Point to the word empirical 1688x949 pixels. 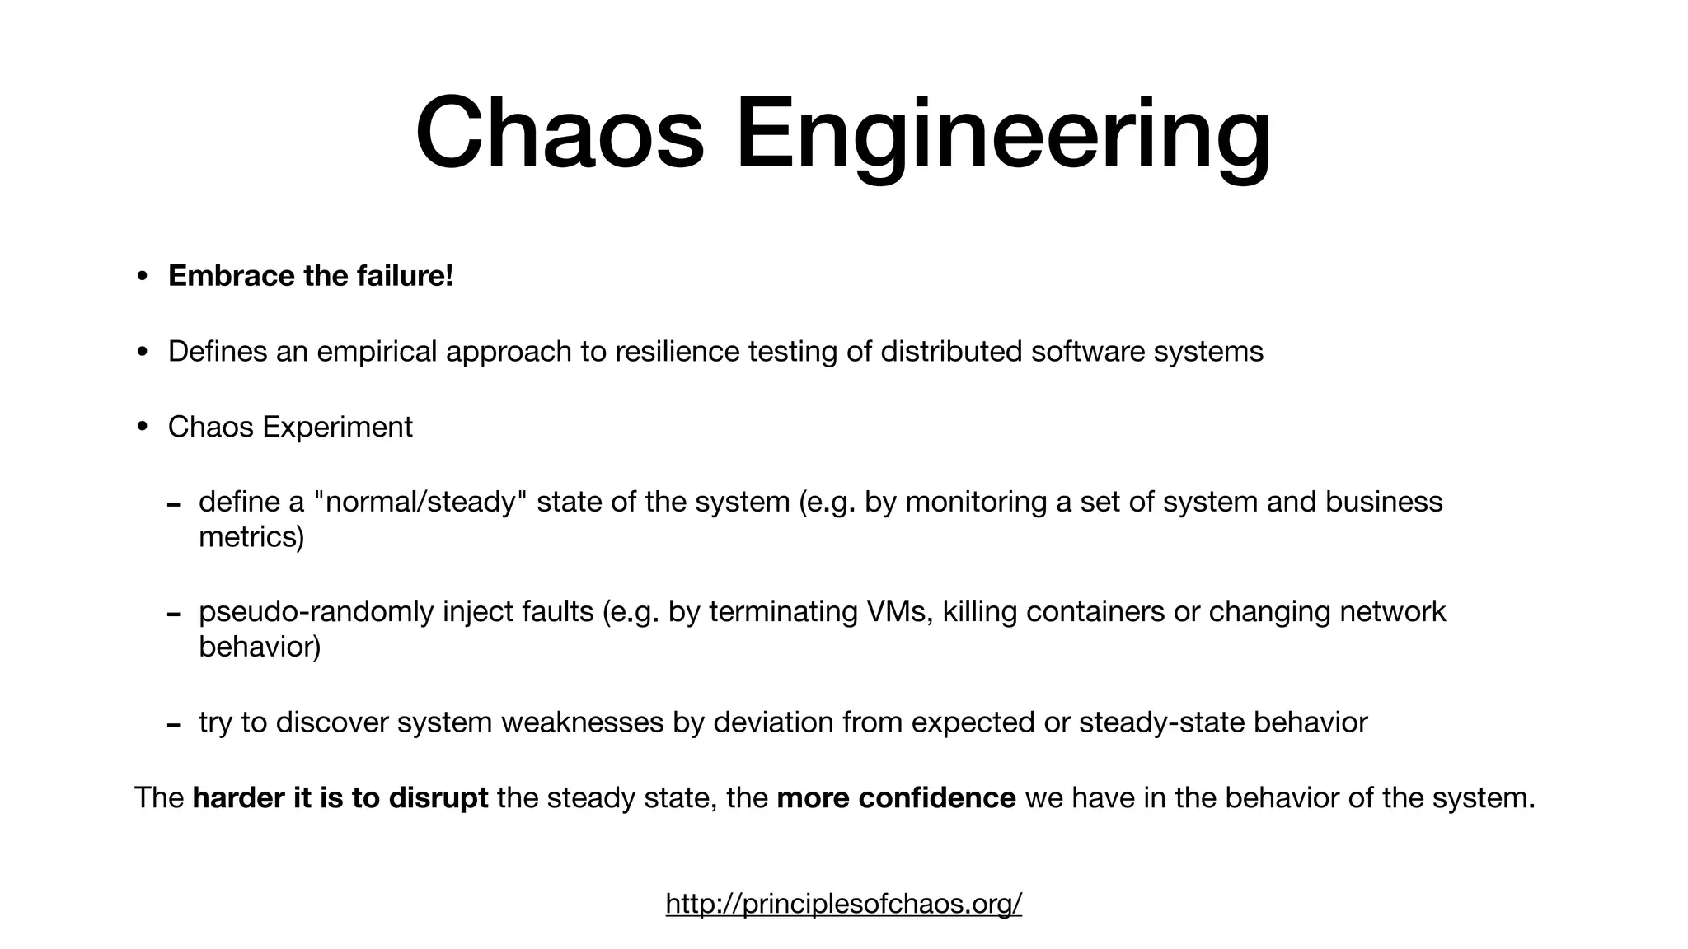[377, 352]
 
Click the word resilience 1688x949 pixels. [678, 352]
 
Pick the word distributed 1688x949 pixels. [951, 352]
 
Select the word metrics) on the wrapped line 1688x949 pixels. [251, 537]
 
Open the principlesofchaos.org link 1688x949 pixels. [843, 904]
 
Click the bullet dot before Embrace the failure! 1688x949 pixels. [143, 278]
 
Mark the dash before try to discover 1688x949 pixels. [173, 726]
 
